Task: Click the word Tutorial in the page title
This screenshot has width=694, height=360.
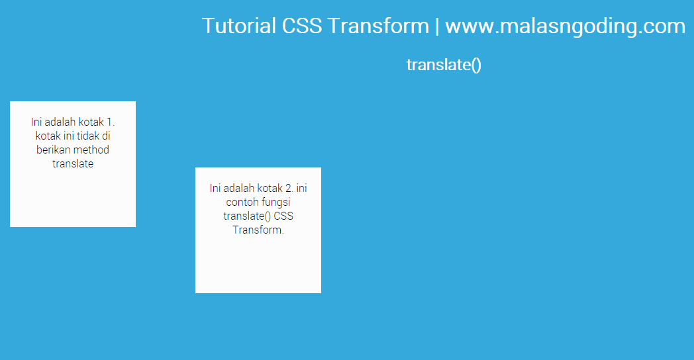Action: pos(239,26)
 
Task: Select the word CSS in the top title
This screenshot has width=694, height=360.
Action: pos(301,26)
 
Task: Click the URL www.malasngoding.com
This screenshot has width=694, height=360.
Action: pos(565,26)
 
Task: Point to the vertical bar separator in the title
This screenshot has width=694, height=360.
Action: pos(437,26)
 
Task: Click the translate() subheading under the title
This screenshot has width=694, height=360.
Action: pos(444,65)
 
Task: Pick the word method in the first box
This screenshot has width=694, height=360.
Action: pos(91,150)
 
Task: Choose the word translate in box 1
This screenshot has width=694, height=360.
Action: pos(73,163)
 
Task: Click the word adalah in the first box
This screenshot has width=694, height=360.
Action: pos(60,122)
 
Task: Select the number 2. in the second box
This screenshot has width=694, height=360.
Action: pos(289,188)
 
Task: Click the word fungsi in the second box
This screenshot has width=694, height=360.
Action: pos(276,202)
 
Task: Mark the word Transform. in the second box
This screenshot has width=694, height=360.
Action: pos(258,230)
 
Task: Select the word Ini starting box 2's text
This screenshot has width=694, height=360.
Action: pos(216,188)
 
